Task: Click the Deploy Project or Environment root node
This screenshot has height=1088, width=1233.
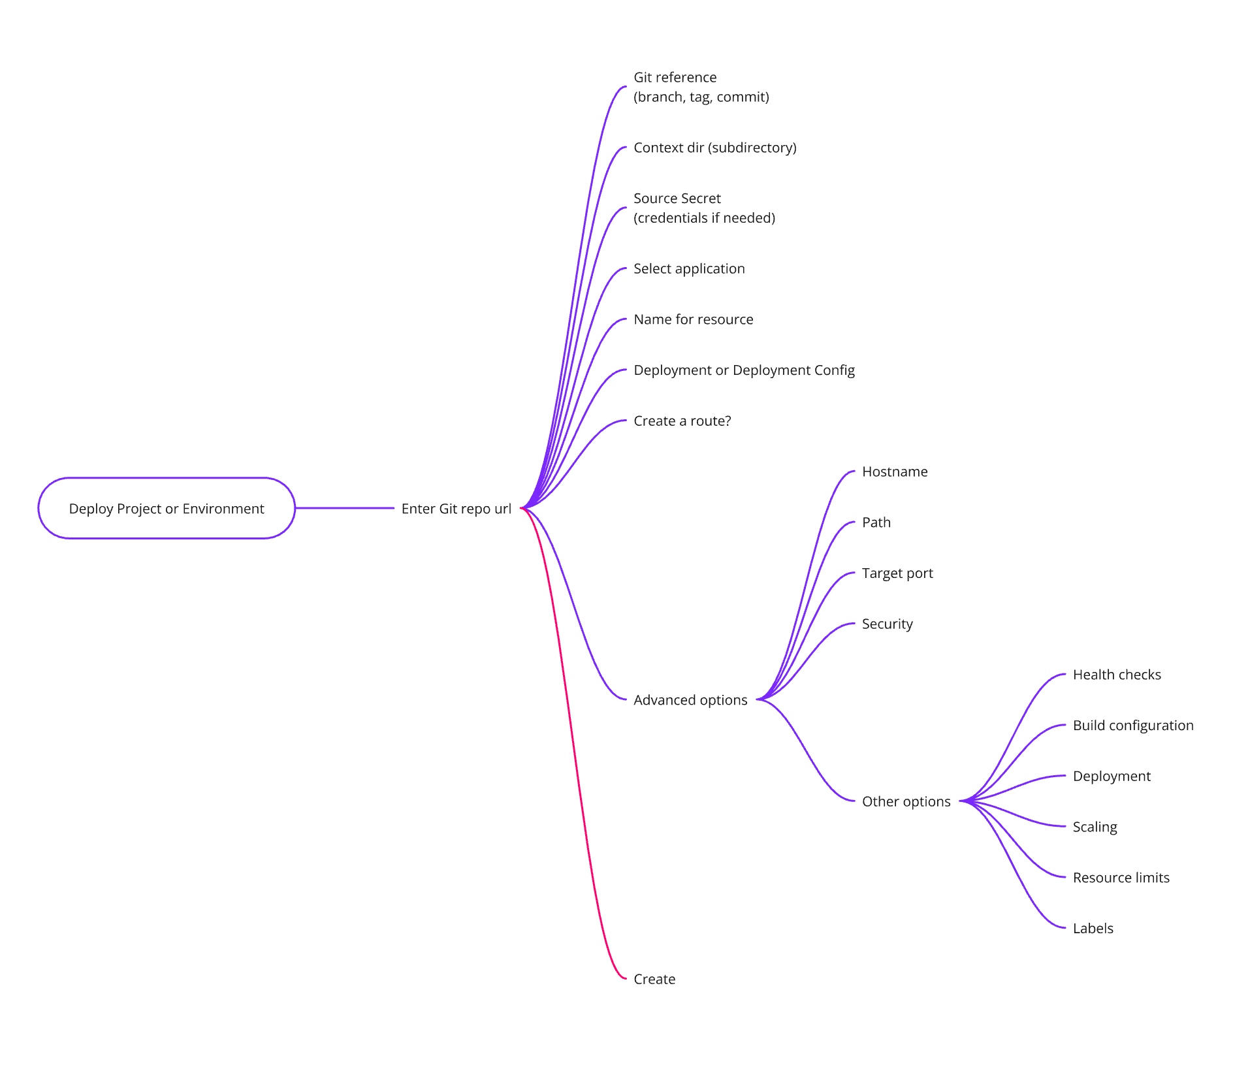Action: pyautogui.click(x=167, y=508)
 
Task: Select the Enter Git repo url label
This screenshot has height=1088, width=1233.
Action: pyautogui.click(x=456, y=509)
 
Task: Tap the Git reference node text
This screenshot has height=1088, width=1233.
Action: pyautogui.click(x=701, y=87)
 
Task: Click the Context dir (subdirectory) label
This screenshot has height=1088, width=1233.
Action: pyautogui.click(x=715, y=148)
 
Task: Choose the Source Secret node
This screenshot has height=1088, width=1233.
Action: pyautogui.click(x=704, y=208)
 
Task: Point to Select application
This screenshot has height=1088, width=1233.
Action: pyautogui.click(x=689, y=268)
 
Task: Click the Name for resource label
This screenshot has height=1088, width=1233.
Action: pyautogui.click(x=694, y=319)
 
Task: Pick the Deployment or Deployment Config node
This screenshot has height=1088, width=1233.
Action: pyautogui.click(x=744, y=370)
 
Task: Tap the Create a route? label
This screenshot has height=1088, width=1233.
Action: pyautogui.click(x=682, y=421)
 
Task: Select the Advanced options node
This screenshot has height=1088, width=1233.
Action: pyautogui.click(x=690, y=700)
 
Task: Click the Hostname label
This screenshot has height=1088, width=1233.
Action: pyautogui.click(x=895, y=472)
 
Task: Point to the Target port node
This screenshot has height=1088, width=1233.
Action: pyautogui.click(x=897, y=573)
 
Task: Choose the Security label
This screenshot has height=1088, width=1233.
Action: pyautogui.click(x=887, y=624)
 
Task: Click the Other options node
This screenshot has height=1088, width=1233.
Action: pyautogui.click(x=906, y=801)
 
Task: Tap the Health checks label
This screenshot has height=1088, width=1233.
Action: pyautogui.click(x=1117, y=675)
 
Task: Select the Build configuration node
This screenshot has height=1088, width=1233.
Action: pyautogui.click(x=1133, y=726)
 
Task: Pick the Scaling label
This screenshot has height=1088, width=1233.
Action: pyautogui.click(x=1095, y=827)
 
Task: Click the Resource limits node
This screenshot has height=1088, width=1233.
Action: pyautogui.click(x=1121, y=878)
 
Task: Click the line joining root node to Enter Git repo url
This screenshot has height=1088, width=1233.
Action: pyautogui.click(x=345, y=508)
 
